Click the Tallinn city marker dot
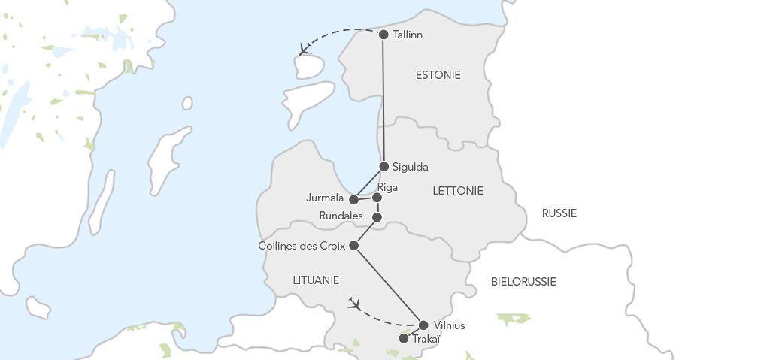[x=383, y=35]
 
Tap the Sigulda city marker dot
[x=383, y=167]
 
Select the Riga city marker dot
[x=377, y=198]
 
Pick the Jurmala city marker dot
[x=353, y=200]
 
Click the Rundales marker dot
[x=377, y=217]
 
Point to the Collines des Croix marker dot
[x=353, y=245]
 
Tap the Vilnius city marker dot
[x=423, y=325]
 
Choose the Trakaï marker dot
[x=404, y=339]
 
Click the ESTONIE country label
[x=438, y=75]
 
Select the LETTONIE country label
[x=458, y=191]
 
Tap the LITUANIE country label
[x=316, y=280]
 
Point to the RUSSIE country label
[x=559, y=213]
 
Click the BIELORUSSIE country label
[x=523, y=282]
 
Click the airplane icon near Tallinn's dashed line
[x=304, y=50]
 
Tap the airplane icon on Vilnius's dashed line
[x=355, y=304]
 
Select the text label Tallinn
[x=408, y=35]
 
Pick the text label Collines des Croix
[x=302, y=246]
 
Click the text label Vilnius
[x=450, y=325]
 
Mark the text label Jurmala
[x=325, y=199]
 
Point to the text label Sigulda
[x=411, y=167]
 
